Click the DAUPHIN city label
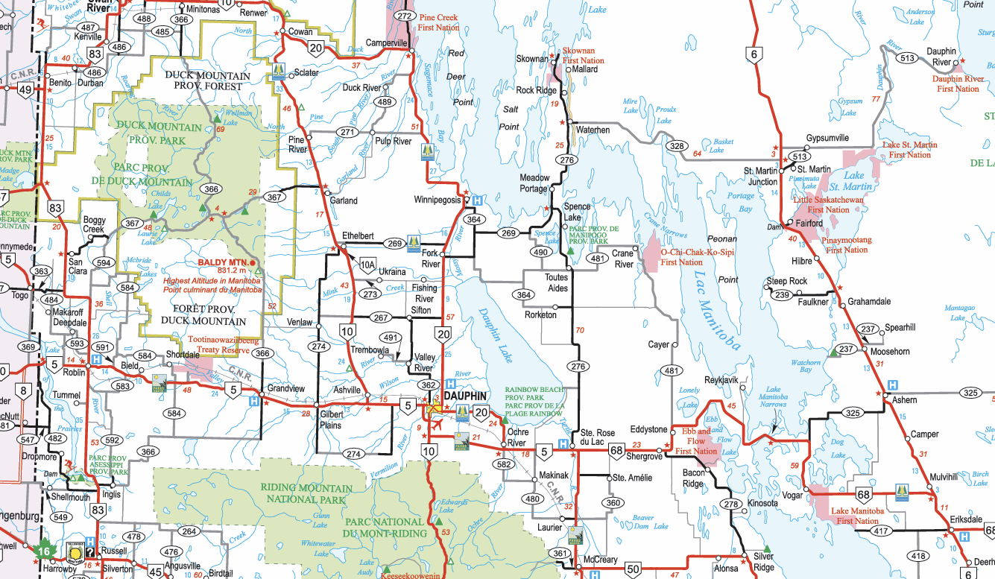click(x=466, y=395)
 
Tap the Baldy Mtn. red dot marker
click(x=253, y=263)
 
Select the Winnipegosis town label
click(x=439, y=200)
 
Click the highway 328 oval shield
click(x=677, y=146)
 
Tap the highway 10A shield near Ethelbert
click(x=367, y=264)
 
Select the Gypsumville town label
click(x=827, y=139)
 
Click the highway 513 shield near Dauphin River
click(x=907, y=58)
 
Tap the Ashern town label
click(x=905, y=400)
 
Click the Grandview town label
click(x=286, y=388)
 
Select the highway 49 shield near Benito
click(x=25, y=90)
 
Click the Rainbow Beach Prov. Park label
click(x=534, y=394)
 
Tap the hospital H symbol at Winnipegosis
click(x=476, y=200)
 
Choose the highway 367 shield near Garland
click(x=274, y=197)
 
